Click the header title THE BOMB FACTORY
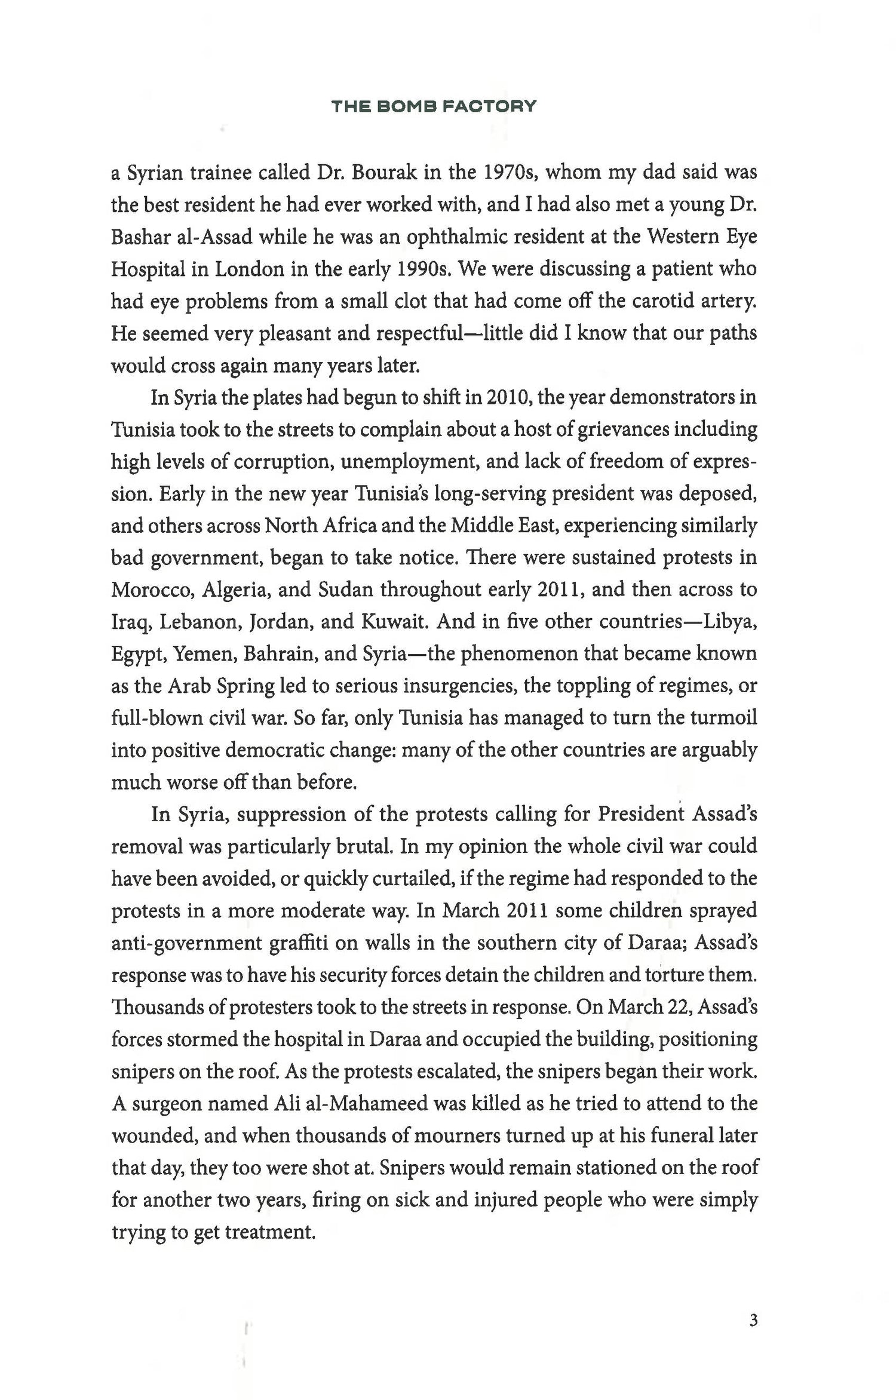point(434,107)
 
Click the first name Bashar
point(141,237)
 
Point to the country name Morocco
point(151,590)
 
